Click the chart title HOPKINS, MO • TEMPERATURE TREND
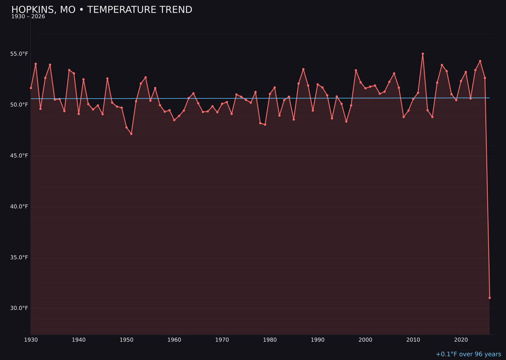(x=102, y=10)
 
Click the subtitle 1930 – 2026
(x=28, y=17)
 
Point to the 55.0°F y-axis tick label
(x=19, y=54)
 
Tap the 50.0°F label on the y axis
(x=19, y=105)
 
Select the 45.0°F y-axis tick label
(x=19, y=156)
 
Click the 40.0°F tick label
(x=19, y=207)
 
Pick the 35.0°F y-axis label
(x=19, y=257)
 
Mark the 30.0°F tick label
(x=19, y=308)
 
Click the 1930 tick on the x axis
(x=31, y=340)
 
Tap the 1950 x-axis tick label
(x=126, y=340)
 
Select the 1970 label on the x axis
(x=222, y=340)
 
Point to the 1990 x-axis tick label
(x=318, y=340)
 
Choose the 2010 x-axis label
(x=413, y=340)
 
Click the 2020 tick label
(x=461, y=340)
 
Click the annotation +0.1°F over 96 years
(x=468, y=354)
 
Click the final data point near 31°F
(x=490, y=298)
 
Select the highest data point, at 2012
(x=423, y=54)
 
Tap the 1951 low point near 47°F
(x=131, y=134)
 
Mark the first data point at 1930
(x=31, y=88)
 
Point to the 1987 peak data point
(x=303, y=69)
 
